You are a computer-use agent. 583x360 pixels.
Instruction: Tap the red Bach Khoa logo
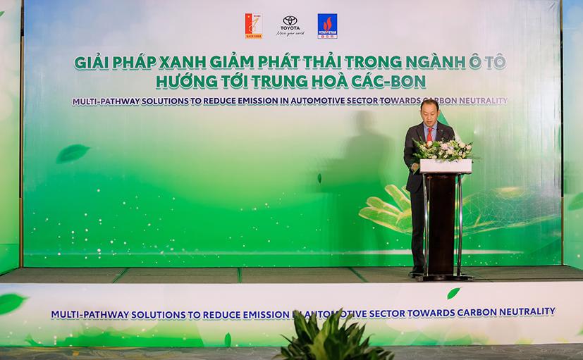pos(253,25)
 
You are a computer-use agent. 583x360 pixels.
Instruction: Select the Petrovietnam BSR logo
pos(326,25)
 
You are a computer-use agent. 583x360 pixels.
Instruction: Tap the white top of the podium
pos(446,166)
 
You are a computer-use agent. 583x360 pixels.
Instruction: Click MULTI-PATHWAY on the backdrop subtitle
pos(110,101)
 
